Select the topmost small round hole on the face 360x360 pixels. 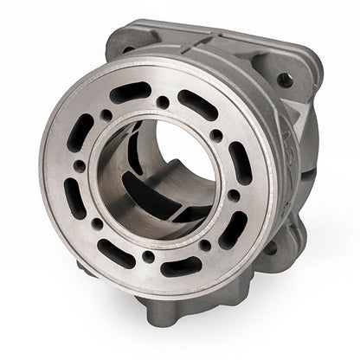point(162,102)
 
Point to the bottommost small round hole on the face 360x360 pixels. point(149,256)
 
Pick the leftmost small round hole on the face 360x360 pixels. point(79,165)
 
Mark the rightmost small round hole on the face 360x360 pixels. point(234,196)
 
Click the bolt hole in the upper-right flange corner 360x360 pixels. point(285,80)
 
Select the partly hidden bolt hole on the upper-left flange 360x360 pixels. point(128,50)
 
